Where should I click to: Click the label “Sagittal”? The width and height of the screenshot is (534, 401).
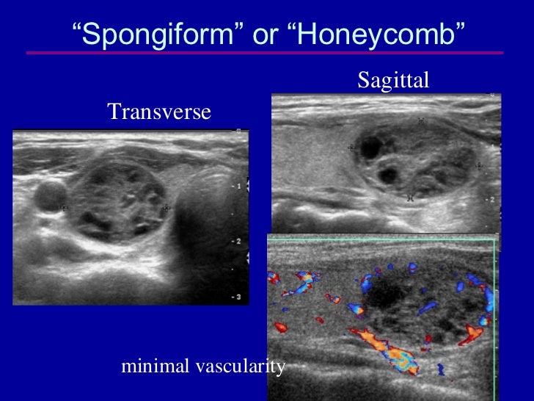click(392, 81)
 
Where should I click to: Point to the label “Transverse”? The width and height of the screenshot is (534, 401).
click(159, 112)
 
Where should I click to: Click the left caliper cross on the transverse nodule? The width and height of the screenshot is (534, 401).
click(65, 208)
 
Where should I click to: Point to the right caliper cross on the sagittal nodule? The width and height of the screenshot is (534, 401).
click(479, 166)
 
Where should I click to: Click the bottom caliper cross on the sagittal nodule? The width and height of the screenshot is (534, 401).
click(410, 197)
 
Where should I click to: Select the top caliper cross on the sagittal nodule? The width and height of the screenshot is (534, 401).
click(421, 120)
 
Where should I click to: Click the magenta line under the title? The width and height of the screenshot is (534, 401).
click(264, 53)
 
